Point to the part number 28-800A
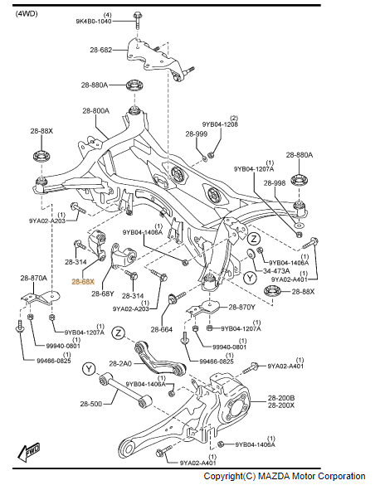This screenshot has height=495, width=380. tap(98, 111)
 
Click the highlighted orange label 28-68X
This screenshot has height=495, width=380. tap(83, 282)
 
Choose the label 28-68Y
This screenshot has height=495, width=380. tap(103, 294)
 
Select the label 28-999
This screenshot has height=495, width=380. tap(196, 133)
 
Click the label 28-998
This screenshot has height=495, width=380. tap(275, 182)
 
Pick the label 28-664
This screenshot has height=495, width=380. tap(162, 330)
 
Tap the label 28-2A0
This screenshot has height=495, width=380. tap(123, 363)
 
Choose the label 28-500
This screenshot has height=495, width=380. tap(90, 404)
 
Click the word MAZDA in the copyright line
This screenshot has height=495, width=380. tap(268, 476)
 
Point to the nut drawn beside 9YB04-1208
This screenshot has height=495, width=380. tap(211, 154)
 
